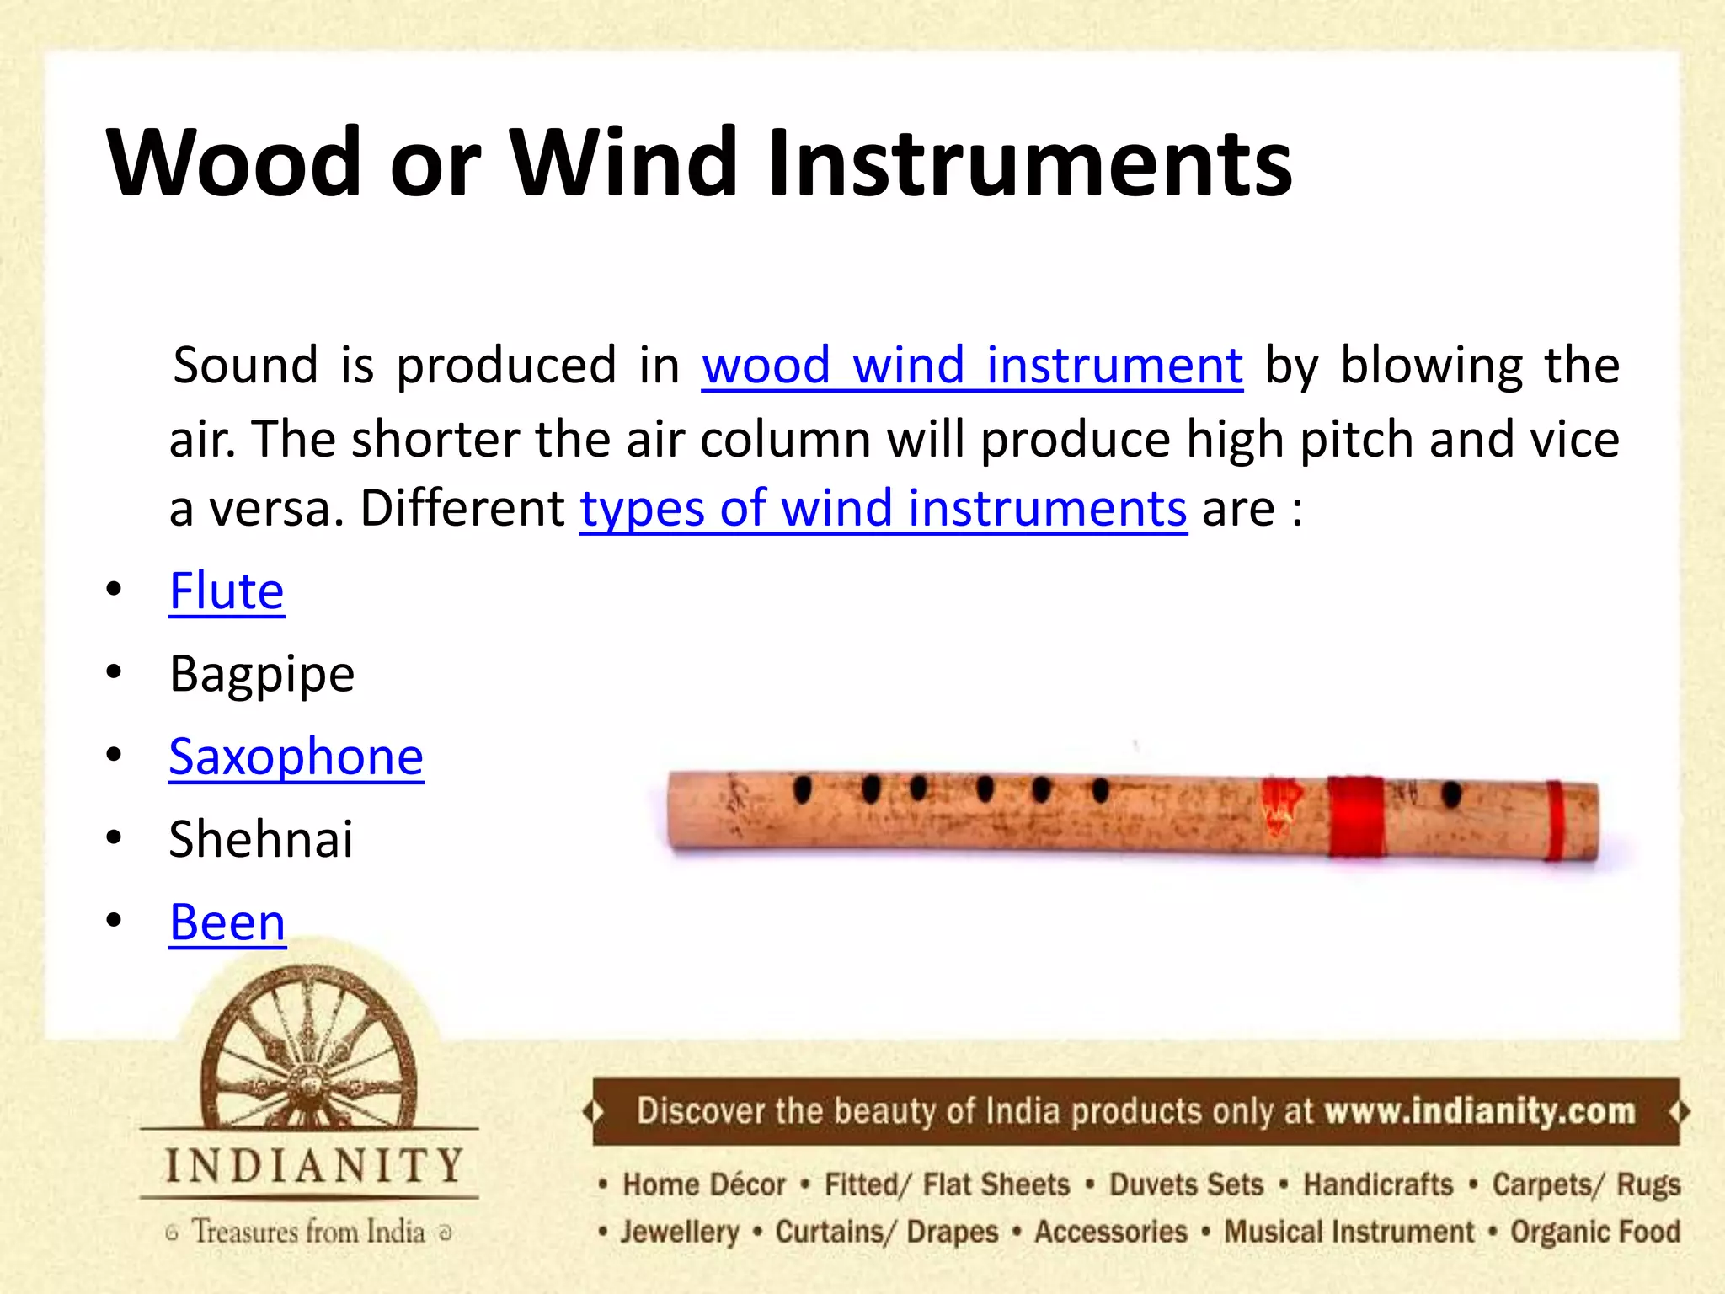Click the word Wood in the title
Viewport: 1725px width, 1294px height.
click(x=234, y=162)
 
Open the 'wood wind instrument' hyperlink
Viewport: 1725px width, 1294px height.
click(x=972, y=366)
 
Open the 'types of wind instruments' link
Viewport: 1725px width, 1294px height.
click(x=884, y=509)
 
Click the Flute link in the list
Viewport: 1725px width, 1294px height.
click(x=227, y=591)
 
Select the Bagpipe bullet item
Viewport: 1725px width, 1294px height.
click(x=262, y=674)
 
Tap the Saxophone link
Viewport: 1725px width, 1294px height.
click(x=296, y=757)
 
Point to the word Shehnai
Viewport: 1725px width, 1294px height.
click(x=261, y=839)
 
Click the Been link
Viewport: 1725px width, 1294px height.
click(x=227, y=922)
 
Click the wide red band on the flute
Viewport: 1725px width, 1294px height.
click(x=1355, y=815)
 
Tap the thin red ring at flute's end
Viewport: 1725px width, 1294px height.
click(x=1555, y=821)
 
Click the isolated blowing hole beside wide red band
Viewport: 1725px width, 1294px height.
click(x=1450, y=794)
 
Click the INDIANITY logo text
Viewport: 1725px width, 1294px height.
click(x=313, y=1167)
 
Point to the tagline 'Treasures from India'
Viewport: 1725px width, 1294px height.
click(x=308, y=1232)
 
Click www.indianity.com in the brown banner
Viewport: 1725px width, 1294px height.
click(x=1479, y=1111)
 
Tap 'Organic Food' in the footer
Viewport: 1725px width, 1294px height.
click(x=1594, y=1232)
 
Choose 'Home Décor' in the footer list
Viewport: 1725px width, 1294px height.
click(x=703, y=1184)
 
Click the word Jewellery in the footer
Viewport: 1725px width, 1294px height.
click(x=679, y=1232)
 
